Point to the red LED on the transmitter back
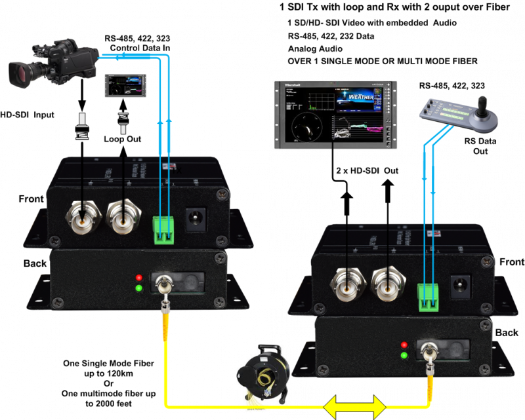tap(138, 277)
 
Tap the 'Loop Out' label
tap(123, 139)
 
